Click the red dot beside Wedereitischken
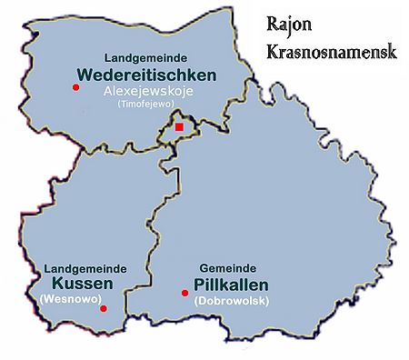(x=75, y=87)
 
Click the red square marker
(x=179, y=129)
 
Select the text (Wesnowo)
(x=69, y=298)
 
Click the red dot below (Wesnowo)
(x=103, y=308)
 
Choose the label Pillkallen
(x=226, y=285)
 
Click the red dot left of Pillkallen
(x=185, y=293)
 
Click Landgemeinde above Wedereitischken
(x=145, y=57)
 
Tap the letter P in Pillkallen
(x=196, y=285)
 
